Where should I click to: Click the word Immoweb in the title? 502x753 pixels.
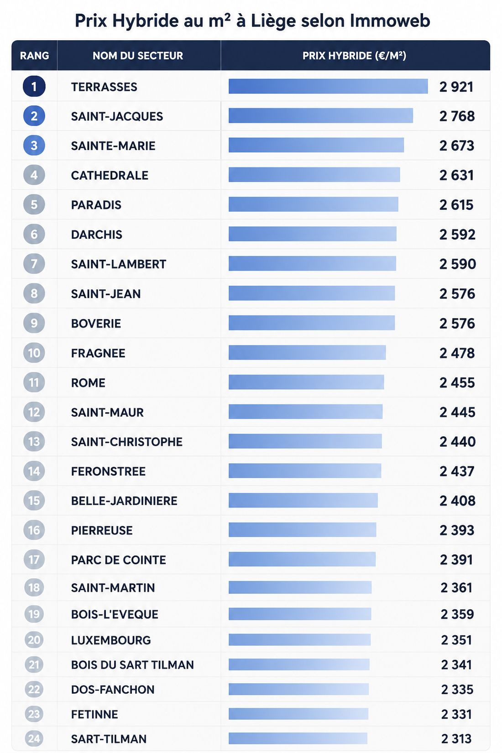[x=390, y=21]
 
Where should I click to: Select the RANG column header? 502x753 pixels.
[x=34, y=56]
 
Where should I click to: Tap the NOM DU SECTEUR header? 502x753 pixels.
[x=138, y=56]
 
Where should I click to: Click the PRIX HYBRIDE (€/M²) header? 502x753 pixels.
[x=355, y=56]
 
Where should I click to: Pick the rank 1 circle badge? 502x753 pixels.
[x=34, y=87]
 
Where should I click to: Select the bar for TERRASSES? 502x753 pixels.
[x=328, y=86]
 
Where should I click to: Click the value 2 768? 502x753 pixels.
[x=457, y=116]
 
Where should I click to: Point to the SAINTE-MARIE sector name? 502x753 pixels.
[x=113, y=146]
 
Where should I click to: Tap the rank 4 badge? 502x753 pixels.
[x=34, y=175]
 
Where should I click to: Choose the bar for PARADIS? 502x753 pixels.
[x=314, y=204]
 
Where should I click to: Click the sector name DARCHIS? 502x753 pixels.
[x=96, y=234]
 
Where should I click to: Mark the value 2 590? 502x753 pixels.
[x=458, y=264]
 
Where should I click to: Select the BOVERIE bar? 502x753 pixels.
[x=312, y=323]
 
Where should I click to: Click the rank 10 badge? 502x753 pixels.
[x=34, y=353]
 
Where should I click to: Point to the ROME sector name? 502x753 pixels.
[x=88, y=382]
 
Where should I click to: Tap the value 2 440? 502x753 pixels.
[x=458, y=441]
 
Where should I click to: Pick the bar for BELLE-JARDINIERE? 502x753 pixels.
[x=303, y=500]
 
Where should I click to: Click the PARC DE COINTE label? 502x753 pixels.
[x=118, y=560]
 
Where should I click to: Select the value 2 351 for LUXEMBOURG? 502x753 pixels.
[x=456, y=640]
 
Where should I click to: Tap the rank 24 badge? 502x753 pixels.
[x=34, y=738]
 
